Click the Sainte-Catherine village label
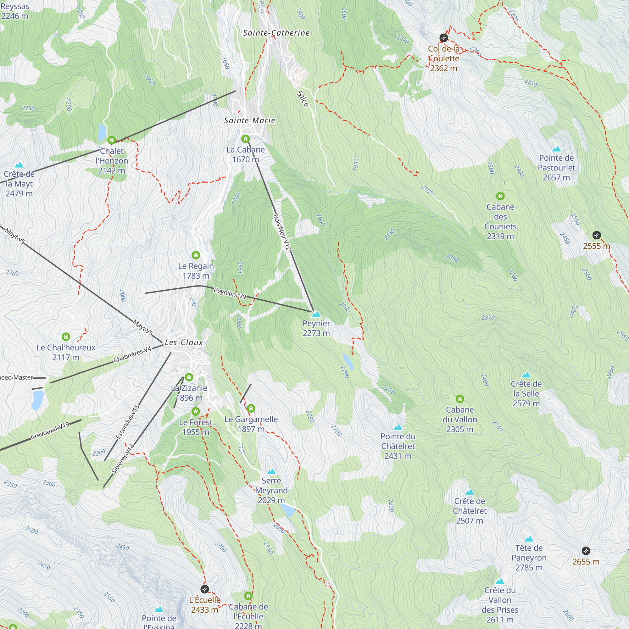click(x=276, y=33)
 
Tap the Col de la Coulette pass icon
click(x=443, y=38)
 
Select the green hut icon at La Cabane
click(x=246, y=139)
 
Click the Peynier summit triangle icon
click(x=316, y=314)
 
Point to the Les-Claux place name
click(x=184, y=342)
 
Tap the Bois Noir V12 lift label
click(x=282, y=232)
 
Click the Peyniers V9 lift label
click(x=230, y=293)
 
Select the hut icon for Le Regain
click(x=196, y=255)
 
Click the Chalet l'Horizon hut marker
click(x=112, y=140)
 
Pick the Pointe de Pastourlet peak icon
click(x=556, y=149)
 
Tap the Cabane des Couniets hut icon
click(x=500, y=196)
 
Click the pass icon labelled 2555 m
click(x=596, y=235)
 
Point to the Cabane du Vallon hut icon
click(x=460, y=399)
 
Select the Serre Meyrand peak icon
click(x=271, y=472)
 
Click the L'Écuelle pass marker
click(x=204, y=589)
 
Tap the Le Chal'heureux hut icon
click(x=66, y=337)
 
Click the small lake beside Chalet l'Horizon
click(x=102, y=131)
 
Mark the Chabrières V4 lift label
click(x=132, y=355)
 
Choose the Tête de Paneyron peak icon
click(x=529, y=539)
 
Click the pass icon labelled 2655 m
click(x=586, y=551)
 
